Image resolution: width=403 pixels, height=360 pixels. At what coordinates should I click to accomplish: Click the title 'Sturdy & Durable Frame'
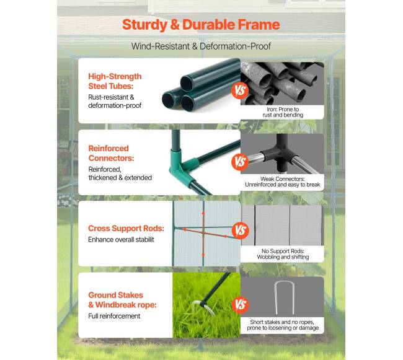[201, 25]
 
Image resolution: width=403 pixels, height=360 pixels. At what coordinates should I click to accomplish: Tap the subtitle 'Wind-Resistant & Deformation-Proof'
[201, 46]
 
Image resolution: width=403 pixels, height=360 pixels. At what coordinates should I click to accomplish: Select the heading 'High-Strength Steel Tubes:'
[115, 81]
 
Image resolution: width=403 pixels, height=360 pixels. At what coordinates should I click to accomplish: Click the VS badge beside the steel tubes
[240, 90]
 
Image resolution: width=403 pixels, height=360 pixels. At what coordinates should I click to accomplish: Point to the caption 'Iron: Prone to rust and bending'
[283, 112]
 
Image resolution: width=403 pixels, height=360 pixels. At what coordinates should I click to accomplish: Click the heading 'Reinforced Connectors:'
[111, 153]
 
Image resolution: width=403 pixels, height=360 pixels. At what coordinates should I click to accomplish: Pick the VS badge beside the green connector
[240, 162]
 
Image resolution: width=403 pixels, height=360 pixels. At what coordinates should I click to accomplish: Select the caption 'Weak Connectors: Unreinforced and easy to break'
[283, 182]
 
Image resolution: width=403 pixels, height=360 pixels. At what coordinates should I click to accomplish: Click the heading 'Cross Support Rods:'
[126, 228]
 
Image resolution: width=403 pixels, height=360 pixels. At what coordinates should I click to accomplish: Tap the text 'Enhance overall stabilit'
[121, 240]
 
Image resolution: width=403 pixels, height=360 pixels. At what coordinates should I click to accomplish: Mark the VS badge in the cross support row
[241, 230]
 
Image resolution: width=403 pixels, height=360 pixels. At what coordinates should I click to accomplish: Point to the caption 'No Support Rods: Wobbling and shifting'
[283, 254]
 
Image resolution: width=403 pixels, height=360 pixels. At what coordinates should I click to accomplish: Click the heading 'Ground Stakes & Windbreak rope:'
[122, 300]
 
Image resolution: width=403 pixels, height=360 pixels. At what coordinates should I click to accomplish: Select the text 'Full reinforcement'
[114, 316]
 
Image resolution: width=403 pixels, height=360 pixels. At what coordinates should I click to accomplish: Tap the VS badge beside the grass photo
[241, 304]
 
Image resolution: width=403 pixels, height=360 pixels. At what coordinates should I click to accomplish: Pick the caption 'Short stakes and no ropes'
[282, 322]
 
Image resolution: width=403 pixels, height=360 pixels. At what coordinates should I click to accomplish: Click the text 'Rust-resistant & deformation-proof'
[115, 102]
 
